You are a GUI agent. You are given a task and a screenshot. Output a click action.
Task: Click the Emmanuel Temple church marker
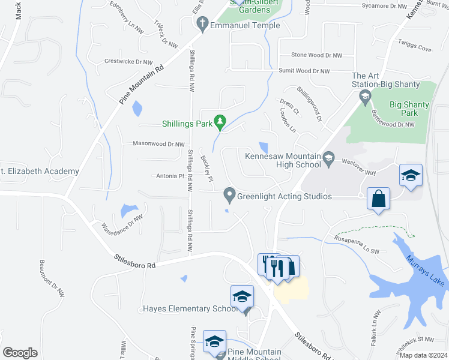pos(202,25)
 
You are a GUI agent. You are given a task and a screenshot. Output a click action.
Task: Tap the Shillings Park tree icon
pos(220,123)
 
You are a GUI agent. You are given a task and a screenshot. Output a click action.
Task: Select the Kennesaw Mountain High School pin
pos(328,159)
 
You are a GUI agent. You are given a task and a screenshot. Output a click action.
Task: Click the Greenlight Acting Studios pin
pos(229,194)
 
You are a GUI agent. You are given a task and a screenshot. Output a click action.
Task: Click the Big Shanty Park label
pos(409,109)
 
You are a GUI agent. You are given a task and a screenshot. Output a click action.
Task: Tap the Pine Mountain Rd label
pos(141,85)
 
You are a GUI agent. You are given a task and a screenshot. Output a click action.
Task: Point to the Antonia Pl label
pos(169,176)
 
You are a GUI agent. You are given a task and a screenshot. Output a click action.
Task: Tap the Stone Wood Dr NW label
pos(316,55)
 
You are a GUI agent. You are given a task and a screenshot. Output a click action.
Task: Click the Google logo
pos(20,352)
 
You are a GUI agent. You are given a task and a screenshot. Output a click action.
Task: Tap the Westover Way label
pos(358,167)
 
